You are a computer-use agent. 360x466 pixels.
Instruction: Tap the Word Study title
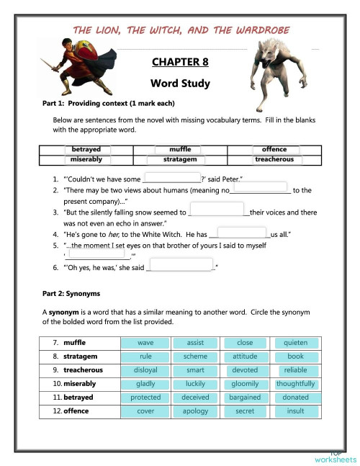click(180, 84)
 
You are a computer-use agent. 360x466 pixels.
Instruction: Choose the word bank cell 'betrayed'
click(86, 149)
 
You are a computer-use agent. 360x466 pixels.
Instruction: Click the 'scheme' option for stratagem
click(195, 357)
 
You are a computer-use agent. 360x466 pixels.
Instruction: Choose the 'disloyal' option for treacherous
click(145, 370)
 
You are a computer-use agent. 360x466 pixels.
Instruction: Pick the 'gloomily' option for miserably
click(246, 384)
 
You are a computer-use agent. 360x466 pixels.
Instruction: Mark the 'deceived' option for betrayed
click(195, 398)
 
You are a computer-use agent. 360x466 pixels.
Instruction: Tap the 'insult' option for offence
click(295, 411)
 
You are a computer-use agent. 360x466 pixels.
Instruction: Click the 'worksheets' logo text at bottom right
click(335, 459)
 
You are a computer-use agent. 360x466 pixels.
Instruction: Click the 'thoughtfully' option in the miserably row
click(295, 384)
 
